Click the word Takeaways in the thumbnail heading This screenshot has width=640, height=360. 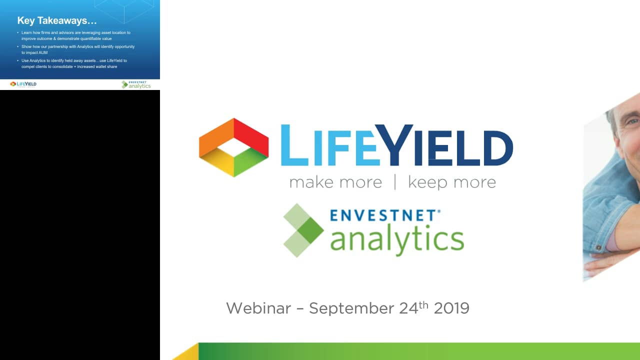pos(67,21)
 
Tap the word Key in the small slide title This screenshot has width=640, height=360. pos(26,21)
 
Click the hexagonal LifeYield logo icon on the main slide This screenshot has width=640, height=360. pos(233,147)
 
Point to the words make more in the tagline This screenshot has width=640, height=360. pos(335,182)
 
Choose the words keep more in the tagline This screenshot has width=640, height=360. pos(452,182)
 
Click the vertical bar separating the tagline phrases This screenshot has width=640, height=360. pos(395,182)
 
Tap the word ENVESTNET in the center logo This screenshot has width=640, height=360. pos(383,215)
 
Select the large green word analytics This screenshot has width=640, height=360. pos(397,239)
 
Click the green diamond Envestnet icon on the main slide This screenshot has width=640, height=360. pos(303,230)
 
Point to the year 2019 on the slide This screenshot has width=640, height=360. pos(451,308)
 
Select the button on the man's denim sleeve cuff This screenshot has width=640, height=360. pos(598,247)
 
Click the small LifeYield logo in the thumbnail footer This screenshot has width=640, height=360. pos(23,84)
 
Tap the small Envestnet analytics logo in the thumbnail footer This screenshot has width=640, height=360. pos(136,84)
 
